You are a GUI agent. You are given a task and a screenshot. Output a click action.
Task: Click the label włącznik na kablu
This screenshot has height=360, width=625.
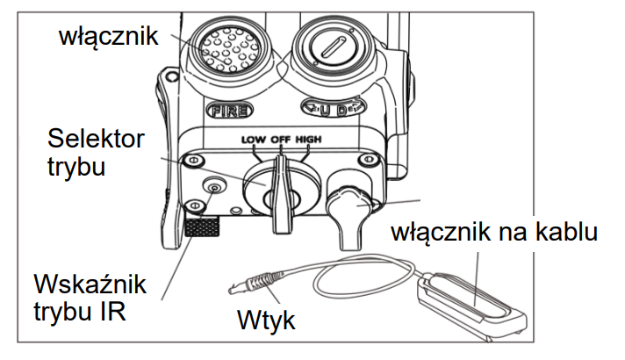click(x=495, y=234)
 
